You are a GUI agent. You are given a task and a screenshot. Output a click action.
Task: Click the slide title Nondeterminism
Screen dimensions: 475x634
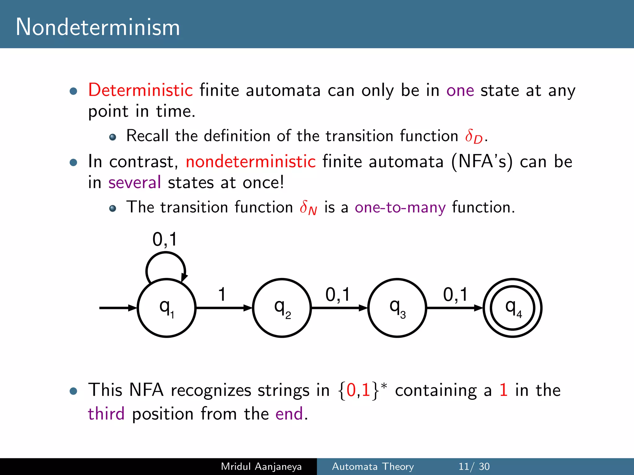click(98, 27)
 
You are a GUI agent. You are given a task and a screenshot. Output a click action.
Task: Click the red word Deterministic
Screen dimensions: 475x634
click(141, 90)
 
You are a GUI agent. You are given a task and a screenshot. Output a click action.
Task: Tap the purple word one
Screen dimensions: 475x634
click(460, 91)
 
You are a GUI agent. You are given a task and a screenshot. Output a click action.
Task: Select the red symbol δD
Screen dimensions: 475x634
click(474, 136)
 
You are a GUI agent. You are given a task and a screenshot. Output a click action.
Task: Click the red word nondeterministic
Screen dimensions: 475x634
click(250, 161)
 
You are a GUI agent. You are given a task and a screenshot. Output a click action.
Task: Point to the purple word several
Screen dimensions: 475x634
click(135, 182)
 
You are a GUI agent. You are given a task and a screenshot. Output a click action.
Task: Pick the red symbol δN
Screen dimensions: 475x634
click(308, 208)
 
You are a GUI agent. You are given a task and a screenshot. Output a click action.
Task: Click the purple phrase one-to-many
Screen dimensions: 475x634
click(400, 207)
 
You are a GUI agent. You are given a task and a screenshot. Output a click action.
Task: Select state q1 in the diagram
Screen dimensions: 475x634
click(167, 308)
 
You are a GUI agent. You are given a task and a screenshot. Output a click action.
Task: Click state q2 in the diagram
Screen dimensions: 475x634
click(282, 308)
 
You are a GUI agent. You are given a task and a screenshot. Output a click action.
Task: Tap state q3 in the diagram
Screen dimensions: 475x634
click(397, 308)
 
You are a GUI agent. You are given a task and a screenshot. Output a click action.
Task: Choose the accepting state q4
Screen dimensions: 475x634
click(513, 308)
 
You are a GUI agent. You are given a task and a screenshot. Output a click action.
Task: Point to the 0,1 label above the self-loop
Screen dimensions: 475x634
click(165, 239)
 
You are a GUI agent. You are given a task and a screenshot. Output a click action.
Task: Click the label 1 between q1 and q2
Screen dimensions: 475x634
click(222, 294)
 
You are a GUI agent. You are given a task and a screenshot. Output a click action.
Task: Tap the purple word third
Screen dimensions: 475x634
click(106, 414)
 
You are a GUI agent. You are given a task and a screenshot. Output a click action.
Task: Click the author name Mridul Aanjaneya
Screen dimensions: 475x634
click(261, 466)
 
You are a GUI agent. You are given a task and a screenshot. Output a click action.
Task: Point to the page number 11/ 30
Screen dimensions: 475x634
click(474, 466)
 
